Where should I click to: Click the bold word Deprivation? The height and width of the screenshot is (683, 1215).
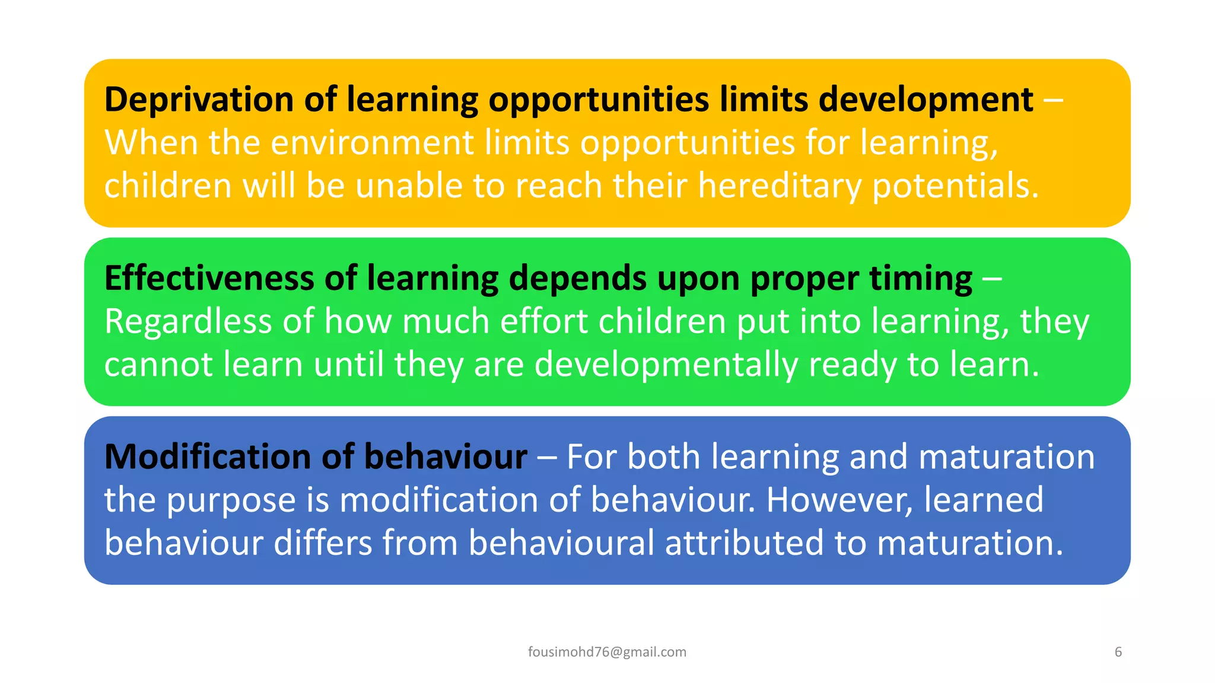[x=199, y=99]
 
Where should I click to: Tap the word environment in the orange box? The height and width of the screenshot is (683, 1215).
[x=372, y=143]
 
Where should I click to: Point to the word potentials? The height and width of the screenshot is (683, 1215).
[x=955, y=186]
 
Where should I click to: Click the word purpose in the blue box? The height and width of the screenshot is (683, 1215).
[x=231, y=500]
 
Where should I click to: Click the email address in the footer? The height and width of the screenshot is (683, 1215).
[x=607, y=652]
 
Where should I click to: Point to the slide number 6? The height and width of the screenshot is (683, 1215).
[x=1118, y=652]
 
